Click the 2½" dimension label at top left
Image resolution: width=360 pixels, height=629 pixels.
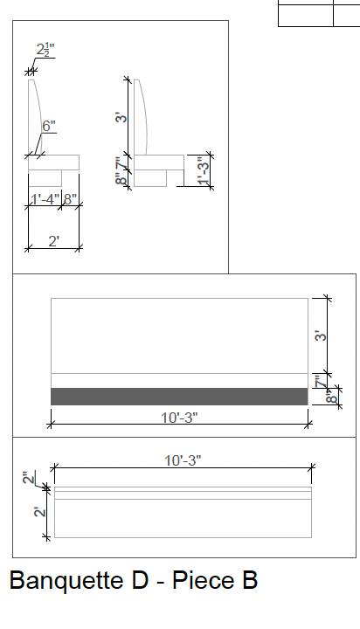45,50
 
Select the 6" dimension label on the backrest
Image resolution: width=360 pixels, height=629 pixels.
49,126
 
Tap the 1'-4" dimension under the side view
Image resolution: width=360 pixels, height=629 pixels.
45,199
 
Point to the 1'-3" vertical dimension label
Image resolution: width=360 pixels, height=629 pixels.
204,171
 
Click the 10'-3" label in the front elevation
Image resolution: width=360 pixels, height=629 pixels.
179,418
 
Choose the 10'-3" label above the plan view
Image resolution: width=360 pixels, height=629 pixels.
183,460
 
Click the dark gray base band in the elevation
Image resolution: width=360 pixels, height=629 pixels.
179,397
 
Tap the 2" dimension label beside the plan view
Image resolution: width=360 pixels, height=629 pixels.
29,478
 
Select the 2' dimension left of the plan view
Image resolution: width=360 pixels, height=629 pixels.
39,512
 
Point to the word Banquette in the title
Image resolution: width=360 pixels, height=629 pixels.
66,580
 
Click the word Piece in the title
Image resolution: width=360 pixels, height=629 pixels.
204,580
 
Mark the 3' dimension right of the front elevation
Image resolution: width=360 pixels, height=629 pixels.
321,335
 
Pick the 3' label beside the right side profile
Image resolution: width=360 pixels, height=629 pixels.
121,118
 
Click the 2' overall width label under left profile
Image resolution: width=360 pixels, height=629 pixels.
54,241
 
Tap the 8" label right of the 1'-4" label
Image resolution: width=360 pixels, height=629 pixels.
70,199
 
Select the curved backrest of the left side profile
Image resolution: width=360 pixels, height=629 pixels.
34,117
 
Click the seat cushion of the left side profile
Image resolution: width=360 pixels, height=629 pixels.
54,162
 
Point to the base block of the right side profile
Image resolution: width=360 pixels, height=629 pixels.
150,178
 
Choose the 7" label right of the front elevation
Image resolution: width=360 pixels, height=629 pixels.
320,382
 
